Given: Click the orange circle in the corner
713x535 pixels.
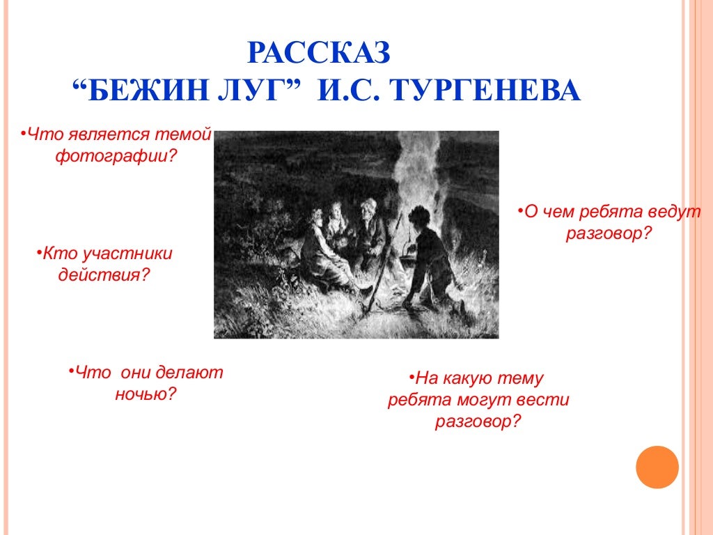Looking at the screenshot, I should pyautogui.click(x=657, y=467).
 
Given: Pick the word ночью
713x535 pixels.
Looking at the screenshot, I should pyautogui.click(x=145, y=394).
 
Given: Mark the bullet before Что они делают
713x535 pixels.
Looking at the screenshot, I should pyautogui.click(x=71, y=371).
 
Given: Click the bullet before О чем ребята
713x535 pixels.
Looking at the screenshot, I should pyautogui.click(x=520, y=210).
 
